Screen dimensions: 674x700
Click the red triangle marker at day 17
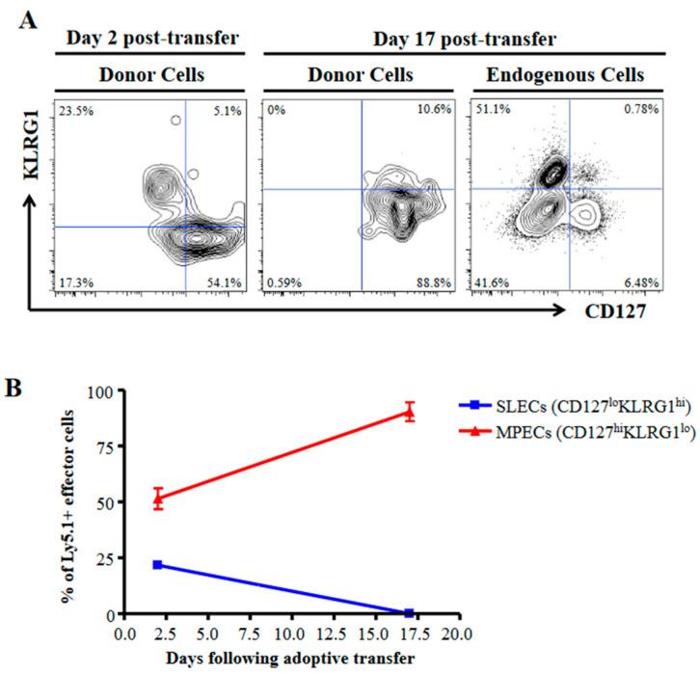tap(410, 412)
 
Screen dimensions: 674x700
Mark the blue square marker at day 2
tap(157, 564)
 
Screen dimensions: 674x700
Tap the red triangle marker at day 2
tap(157, 499)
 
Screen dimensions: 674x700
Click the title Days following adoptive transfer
tap(290, 659)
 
